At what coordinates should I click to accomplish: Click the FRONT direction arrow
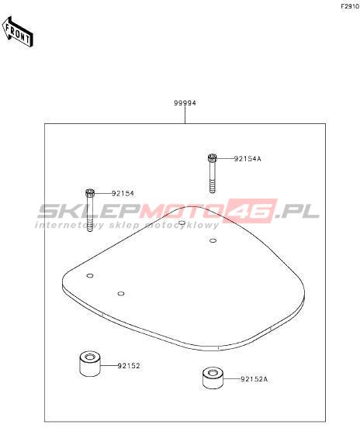click(x=18, y=32)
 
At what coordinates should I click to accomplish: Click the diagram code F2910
click(x=350, y=7)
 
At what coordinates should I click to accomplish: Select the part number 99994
click(x=185, y=103)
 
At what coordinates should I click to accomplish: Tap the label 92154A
click(x=247, y=159)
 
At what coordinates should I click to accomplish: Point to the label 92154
click(x=123, y=194)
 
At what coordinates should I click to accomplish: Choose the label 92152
click(x=129, y=365)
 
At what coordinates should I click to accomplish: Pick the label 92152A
click(x=254, y=379)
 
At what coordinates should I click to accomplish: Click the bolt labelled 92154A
click(x=213, y=173)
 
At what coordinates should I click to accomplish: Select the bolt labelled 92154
click(x=90, y=210)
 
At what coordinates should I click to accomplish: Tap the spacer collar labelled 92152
click(x=90, y=364)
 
